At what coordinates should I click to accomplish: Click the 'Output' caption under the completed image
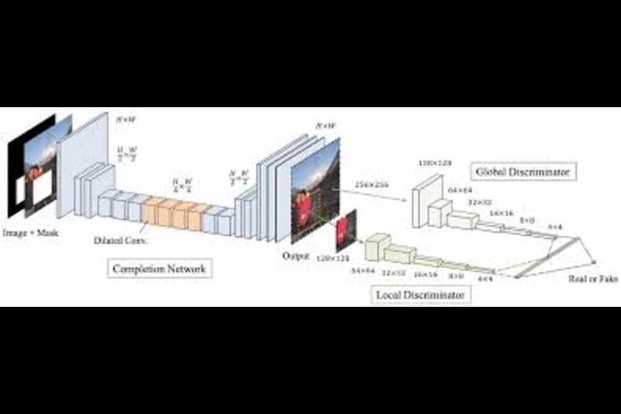[x=296, y=255]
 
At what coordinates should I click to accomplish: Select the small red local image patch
[x=345, y=230]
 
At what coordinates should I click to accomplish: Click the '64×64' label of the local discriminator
[x=363, y=271]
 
